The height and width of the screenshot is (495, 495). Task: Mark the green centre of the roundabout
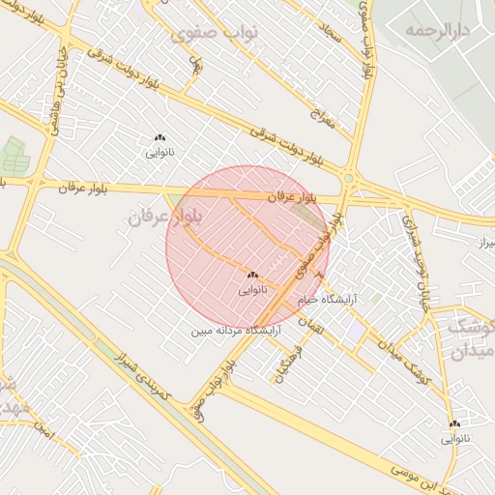tap(348, 178)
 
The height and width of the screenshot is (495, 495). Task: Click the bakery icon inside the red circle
tap(252, 276)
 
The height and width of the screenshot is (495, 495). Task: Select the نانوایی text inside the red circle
tap(251, 289)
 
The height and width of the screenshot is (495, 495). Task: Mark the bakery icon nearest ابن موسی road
tap(454, 423)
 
